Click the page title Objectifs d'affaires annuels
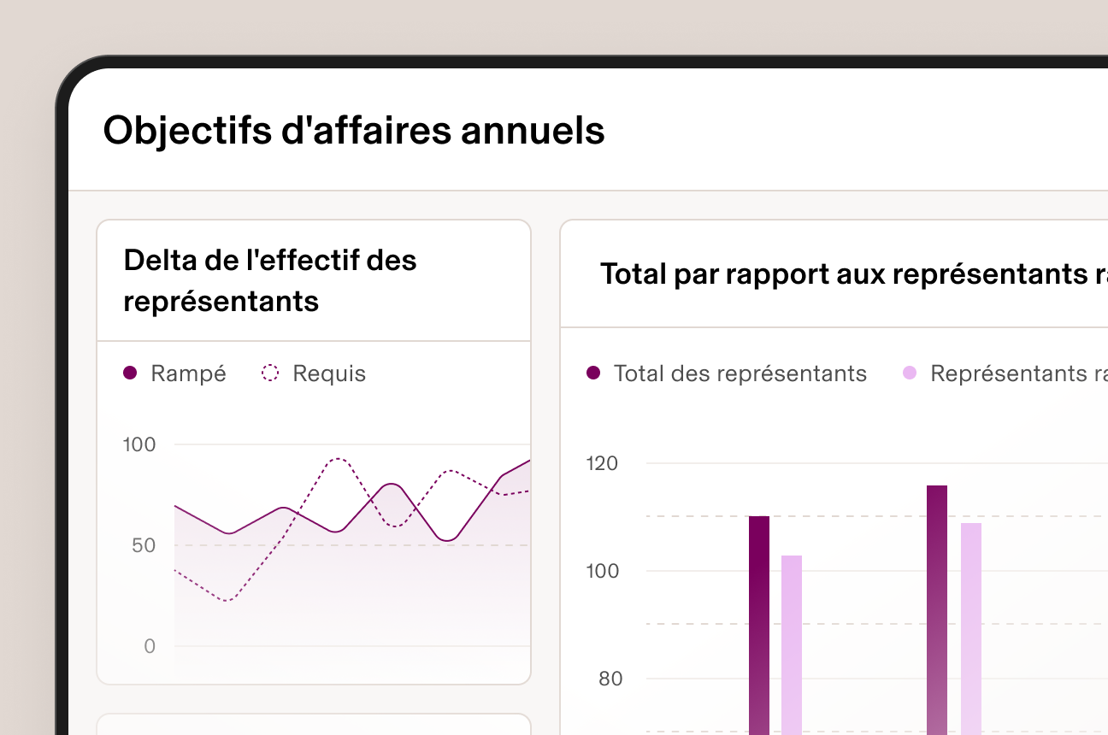coord(354,131)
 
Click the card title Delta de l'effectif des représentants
coord(270,280)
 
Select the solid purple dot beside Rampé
coord(130,373)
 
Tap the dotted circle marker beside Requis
coord(270,373)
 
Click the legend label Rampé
coord(188,373)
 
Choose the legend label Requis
coord(329,373)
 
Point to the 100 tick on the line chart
coord(139,444)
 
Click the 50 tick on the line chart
coord(144,545)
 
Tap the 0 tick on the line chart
coord(150,646)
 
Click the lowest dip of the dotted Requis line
coord(227,601)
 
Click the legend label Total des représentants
coord(740,373)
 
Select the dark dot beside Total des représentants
coord(593,373)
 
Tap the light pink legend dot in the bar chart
coord(910,373)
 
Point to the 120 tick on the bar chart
coord(602,463)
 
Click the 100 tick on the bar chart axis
coord(602,571)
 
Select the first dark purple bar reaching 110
coord(759,624)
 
